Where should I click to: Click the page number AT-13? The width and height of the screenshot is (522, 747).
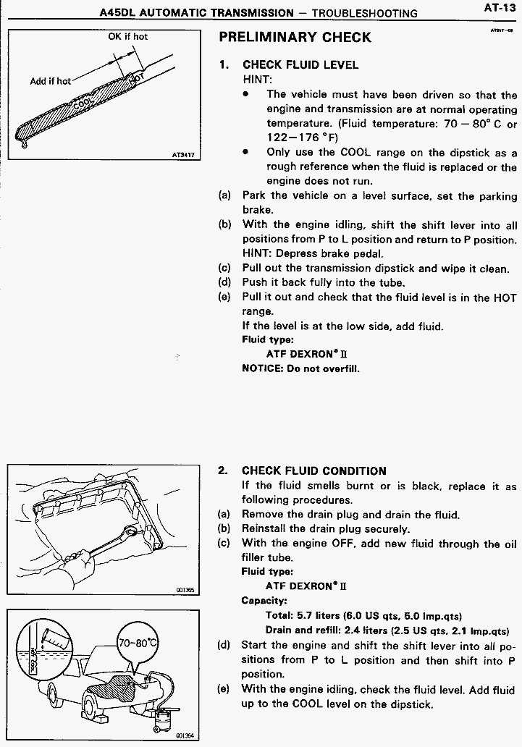(x=500, y=8)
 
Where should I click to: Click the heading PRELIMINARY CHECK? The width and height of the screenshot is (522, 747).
(x=295, y=37)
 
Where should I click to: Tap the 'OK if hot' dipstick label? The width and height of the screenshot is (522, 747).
(x=127, y=36)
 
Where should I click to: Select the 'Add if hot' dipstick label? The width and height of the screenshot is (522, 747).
(x=50, y=81)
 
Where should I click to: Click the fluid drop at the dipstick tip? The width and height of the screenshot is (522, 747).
(x=23, y=143)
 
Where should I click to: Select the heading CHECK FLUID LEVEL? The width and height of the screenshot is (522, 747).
(x=300, y=65)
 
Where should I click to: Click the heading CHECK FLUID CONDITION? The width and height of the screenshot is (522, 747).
(x=313, y=470)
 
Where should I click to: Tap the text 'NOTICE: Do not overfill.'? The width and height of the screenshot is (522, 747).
(x=300, y=368)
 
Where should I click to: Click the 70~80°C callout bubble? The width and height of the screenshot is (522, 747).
(x=138, y=643)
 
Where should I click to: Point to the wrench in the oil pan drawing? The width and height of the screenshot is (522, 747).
(x=114, y=541)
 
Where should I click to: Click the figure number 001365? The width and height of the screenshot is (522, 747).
(x=185, y=590)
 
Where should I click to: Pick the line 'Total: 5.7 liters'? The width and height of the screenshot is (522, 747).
(x=363, y=615)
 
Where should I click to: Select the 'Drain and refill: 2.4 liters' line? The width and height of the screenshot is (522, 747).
(x=387, y=630)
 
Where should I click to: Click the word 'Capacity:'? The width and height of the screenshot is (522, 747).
(x=264, y=600)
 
